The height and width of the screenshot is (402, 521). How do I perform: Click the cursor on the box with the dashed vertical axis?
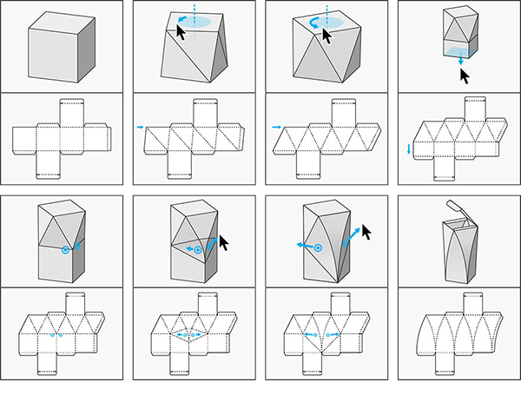click(181, 33)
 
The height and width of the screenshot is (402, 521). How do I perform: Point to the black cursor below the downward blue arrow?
click(465, 76)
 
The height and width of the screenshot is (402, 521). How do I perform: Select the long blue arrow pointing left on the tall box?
click(306, 247)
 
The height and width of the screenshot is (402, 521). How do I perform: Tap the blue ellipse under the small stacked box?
click(454, 53)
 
